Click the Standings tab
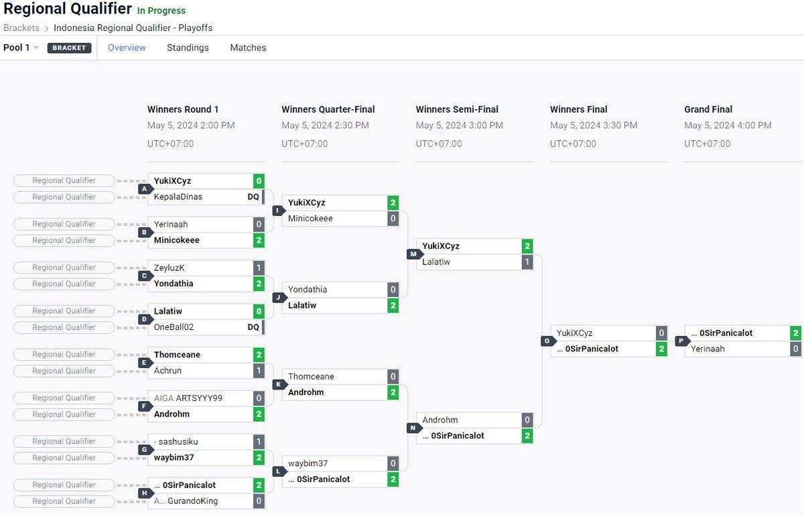click(188, 48)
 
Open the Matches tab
click(248, 48)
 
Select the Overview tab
click(127, 48)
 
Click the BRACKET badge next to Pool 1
click(69, 48)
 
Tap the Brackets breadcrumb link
click(21, 27)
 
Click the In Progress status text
click(161, 11)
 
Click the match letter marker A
click(143, 189)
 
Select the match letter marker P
click(679, 341)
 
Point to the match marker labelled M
click(411, 254)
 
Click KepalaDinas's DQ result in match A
click(253, 197)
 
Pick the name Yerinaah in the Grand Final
click(708, 349)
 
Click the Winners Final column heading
click(578, 109)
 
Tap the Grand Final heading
click(708, 109)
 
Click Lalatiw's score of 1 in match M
click(527, 262)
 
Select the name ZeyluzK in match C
click(169, 268)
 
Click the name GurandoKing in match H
click(192, 501)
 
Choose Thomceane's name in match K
click(311, 376)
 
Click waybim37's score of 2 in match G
click(259, 457)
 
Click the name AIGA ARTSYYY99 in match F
click(188, 398)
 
